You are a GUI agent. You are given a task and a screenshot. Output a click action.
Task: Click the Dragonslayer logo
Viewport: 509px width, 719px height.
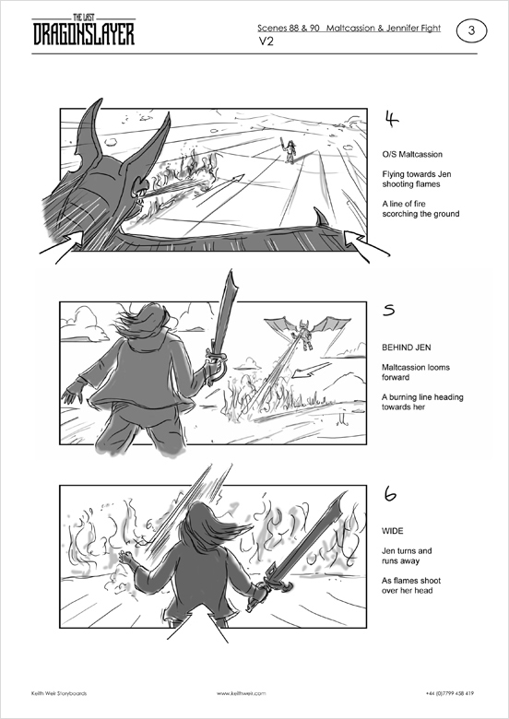pyautogui.click(x=84, y=30)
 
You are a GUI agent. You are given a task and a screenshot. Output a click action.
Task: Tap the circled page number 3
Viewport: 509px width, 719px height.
pyautogui.click(x=471, y=30)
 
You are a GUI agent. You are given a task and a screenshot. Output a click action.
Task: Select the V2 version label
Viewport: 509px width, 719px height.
pyautogui.click(x=266, y=41)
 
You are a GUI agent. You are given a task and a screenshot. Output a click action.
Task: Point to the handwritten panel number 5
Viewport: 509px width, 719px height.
pyautogui.click(x=389, y=311)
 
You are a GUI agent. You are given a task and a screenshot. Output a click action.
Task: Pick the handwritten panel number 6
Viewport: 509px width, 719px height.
pyautogui.click(x=390, y=494)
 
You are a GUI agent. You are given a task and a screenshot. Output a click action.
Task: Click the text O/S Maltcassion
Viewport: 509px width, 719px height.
pyautogui.click(x=412, y=155)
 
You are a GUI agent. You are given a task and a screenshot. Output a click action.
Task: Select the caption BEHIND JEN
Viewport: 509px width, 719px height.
pyautogui.click(x=407, y=348)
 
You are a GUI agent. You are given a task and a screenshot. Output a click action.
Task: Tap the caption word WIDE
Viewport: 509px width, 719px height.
pyautogui.click(x=393, y=531)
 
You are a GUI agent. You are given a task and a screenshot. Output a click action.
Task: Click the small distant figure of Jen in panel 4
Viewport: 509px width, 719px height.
pyautogui.click(x=290, y=149)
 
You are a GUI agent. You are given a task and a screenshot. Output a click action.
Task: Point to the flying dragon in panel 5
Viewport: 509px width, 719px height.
pyautogui.click(x=307, y=333)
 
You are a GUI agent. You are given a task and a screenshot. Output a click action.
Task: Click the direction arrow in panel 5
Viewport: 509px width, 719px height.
pyautogui.click(x=312, y=370)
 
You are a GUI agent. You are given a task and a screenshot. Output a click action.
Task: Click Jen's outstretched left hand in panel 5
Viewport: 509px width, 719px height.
pyautogui.click(x=71, y=395)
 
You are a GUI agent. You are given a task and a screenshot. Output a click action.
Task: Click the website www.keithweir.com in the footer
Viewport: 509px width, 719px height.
pyautogui.click(x=242, y=693)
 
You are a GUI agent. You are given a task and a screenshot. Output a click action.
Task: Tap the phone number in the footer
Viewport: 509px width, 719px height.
pyautogui.click(x=450, y=693)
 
